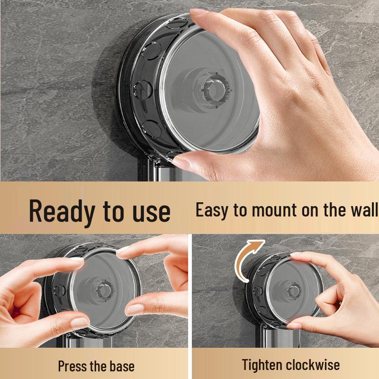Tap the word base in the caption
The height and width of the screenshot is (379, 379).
click(x=119, y=366)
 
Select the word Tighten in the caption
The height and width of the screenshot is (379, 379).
click(x=262, y=365)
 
